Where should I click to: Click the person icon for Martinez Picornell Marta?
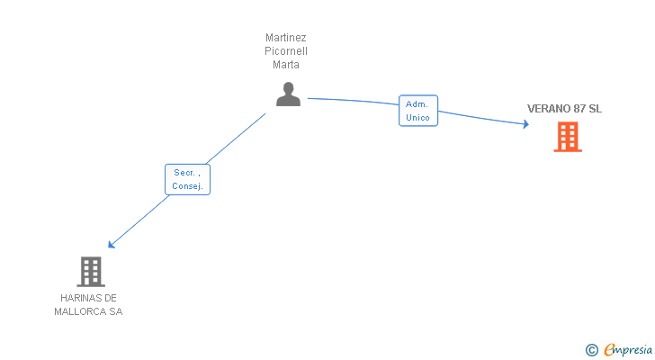[288, 94]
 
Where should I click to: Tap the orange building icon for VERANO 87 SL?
[567, 137]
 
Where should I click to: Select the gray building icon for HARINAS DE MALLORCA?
[91, 271]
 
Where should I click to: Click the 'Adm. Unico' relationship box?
[418, 111]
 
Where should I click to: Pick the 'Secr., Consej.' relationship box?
[187, 179]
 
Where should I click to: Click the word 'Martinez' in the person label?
[286, 38]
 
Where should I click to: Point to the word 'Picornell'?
[286, 51]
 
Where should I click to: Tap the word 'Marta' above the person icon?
[286, 65]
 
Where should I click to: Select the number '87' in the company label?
[580, 109]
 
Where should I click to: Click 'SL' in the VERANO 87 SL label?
[596, 109]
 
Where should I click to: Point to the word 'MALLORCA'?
[80, 311]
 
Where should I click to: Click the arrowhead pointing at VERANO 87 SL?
[526, 125]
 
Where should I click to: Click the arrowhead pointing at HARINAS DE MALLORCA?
[112, 244]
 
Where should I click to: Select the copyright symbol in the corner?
[591, 349]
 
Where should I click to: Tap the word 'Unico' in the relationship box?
[418, 118]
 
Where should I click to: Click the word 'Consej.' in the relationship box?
[188, 186]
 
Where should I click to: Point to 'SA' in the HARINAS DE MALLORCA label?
[115, 311]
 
